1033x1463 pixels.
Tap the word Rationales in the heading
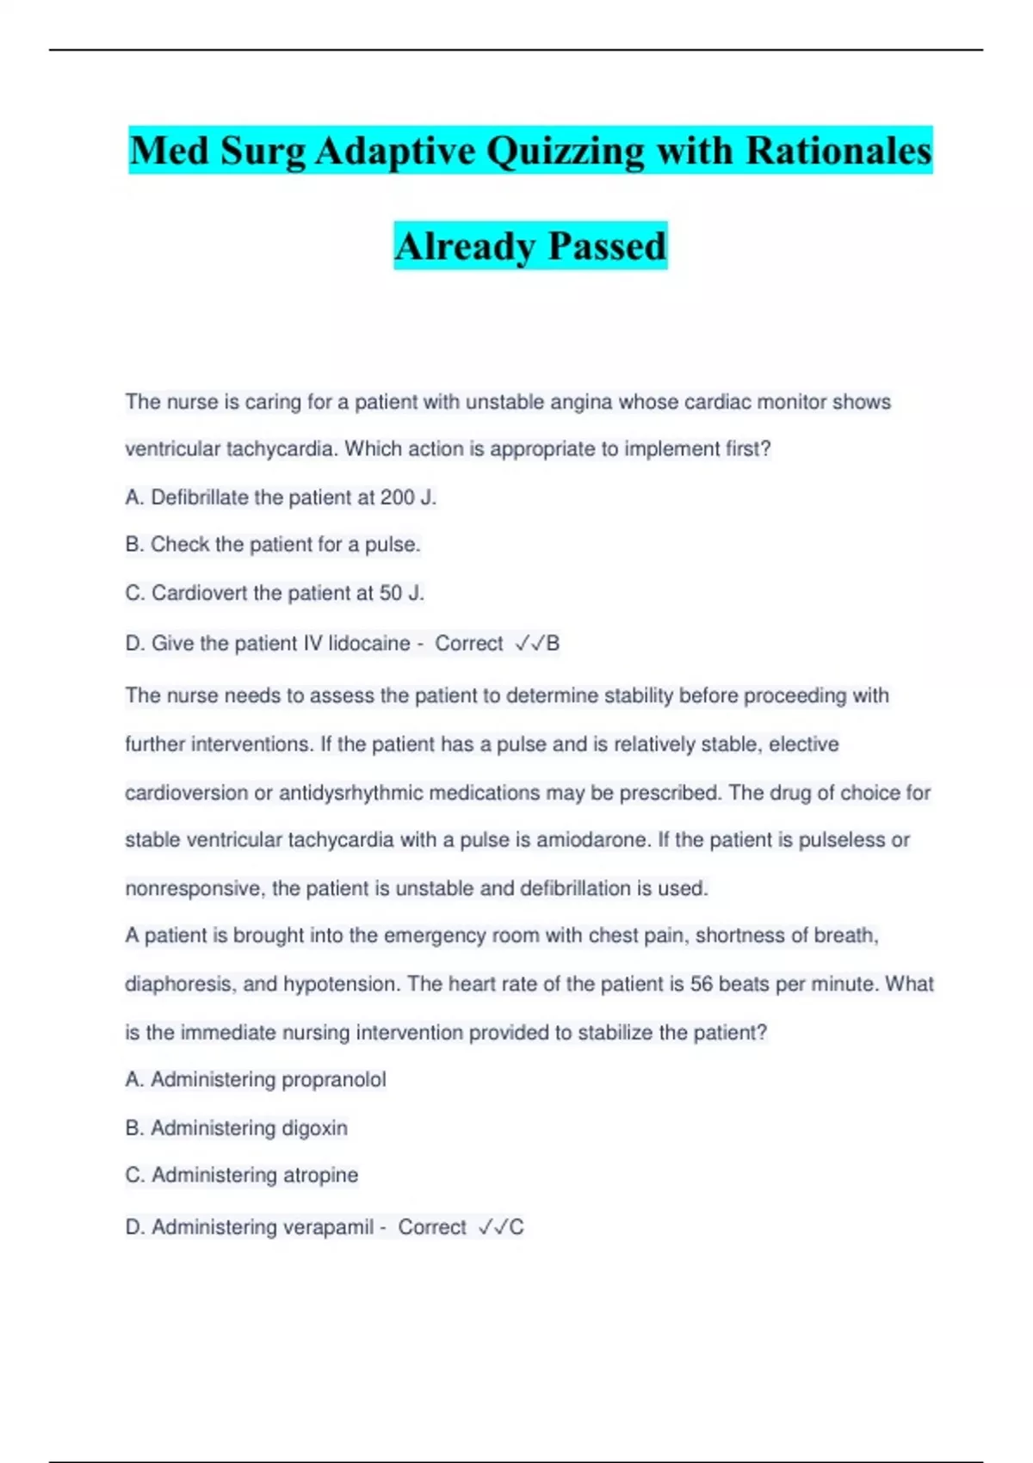(838, 151)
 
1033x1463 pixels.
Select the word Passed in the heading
(607, 246)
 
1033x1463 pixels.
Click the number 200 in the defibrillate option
(398, 497)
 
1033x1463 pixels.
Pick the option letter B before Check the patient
(132, 545)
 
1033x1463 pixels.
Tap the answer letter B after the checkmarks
(553, 644)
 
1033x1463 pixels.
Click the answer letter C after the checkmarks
(516, 1227)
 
